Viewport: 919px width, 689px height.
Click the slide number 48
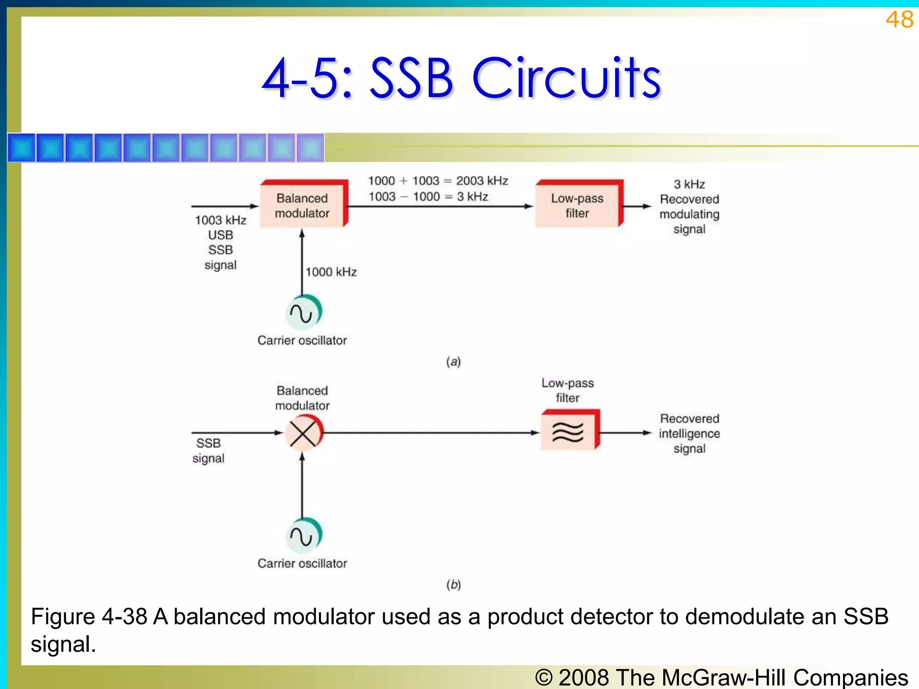(x=899, y=20)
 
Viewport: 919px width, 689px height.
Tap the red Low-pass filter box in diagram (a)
(x=578, y=205)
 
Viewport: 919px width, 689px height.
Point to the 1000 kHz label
(x=331, y=272)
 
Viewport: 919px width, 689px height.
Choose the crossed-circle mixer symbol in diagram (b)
(x=303, y=433)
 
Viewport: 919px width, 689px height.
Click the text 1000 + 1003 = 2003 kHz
(x=438, y=181)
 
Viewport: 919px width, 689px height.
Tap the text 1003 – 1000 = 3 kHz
(x=428, y=197)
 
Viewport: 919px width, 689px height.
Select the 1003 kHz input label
(x=220, y=220)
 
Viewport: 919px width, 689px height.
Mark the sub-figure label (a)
(x=453, y=362)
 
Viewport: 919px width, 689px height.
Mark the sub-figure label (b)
(x=453, y=584)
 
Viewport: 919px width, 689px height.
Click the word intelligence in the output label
(x=689, y=434)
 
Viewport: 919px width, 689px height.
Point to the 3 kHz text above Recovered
(x=689, y=184)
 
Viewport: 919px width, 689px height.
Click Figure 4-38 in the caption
(x=89, y=617)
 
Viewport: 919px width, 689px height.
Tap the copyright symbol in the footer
(x=544, y=677)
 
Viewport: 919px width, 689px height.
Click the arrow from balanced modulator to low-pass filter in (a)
(x=440, y=207)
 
